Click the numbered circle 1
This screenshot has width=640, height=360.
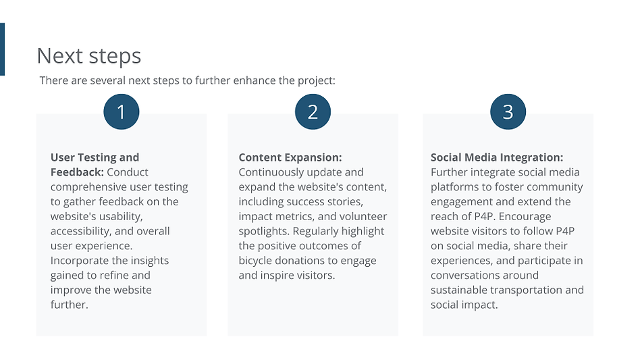pos(122,112)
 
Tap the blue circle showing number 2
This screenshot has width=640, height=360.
pos(313,112)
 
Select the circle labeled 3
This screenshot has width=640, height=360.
pos(508,112)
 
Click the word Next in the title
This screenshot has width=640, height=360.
pos(60,56)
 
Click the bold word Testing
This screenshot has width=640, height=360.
pos(97,157)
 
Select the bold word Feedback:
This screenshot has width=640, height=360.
pos(77,172)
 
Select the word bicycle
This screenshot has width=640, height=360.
pos(255,261)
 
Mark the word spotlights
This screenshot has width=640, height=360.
pos(264,232)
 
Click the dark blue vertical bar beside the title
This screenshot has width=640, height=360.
pos(2,49)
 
